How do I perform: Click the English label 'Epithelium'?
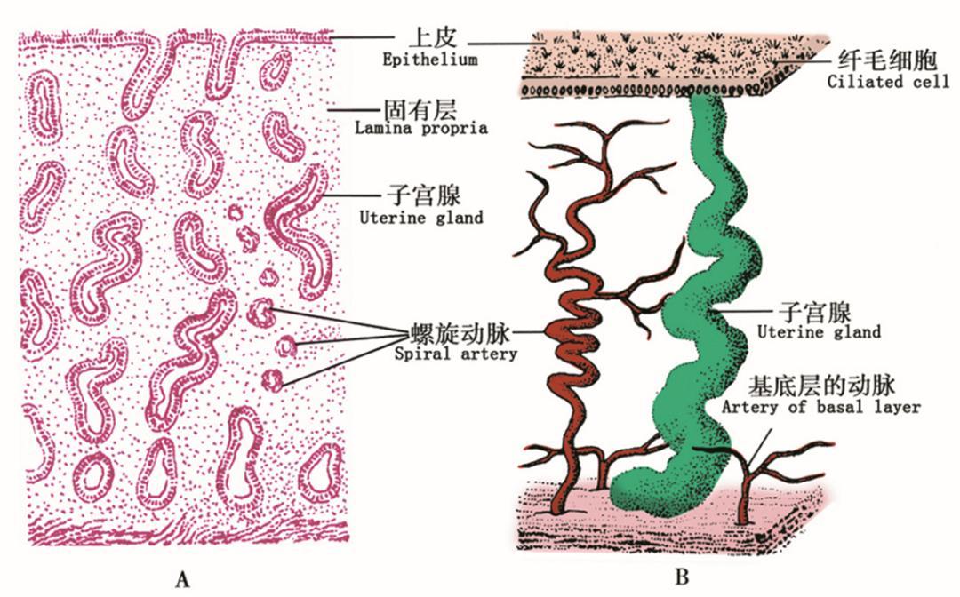pyautogui.click(x=430, y=60)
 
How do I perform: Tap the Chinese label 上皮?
pyautogui.click(x=433, y=38)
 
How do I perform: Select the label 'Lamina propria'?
pyautogui.click(x=421, y=128)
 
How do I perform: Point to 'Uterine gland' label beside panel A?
pyautogui.click(x=421, y=218)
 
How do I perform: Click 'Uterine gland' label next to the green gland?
pyautogui.click(x=820, y=332)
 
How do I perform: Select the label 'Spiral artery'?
pyautogui.click(x=455, y=354)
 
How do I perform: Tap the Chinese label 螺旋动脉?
pyautogui.click(x=460, y=335)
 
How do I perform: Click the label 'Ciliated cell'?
pyautogui.click(x=888, y=82)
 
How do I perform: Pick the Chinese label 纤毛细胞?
pyautogui.click(x=887, y=60)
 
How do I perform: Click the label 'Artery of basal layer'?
pyautogui.click(x=821, y=408)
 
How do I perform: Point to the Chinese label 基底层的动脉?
pyautogui.click(x=822, y=386)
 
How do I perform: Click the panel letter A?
pyautogui.click(x=182, y=578)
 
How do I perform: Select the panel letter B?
pyautogui.click(x=682, y=577)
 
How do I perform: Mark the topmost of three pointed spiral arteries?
pyautogui.click(x=262, y=313)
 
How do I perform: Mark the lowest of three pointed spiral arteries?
pyautogui.click(x=273, y=380)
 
